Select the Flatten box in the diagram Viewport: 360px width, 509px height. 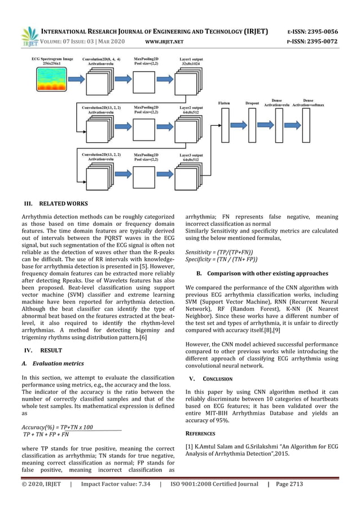225,124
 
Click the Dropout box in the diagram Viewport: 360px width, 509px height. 252,124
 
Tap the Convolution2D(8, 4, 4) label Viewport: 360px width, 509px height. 102,61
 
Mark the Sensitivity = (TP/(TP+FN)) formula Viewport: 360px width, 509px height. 219,252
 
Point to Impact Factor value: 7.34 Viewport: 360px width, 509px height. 115,484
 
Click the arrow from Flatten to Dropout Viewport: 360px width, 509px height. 238,124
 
